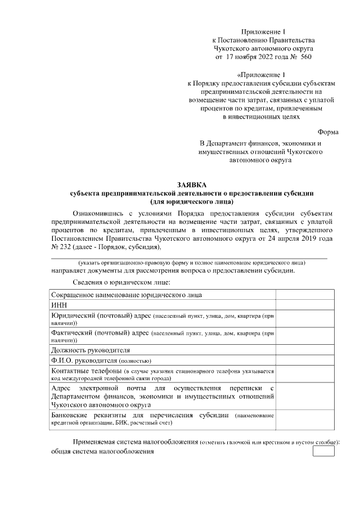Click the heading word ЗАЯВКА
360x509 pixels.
(192, 184)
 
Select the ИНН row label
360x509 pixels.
(59, 305)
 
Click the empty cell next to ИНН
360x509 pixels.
(304, 305)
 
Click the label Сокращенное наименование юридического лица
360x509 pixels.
(127, 295)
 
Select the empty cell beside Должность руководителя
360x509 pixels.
(304, 350)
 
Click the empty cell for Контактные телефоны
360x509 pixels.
(304, 375)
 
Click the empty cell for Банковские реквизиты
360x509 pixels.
(304, 418)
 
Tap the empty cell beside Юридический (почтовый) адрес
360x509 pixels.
(304, 319)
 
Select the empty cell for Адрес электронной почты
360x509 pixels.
(304, 397)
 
